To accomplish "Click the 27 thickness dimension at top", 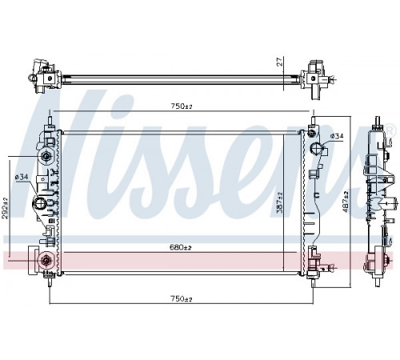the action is click(279, 62).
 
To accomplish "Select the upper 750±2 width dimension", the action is click(182, 106).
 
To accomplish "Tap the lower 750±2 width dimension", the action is click(182, 299).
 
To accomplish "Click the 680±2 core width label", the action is click(181, 247).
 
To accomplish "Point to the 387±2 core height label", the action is click(279, 203).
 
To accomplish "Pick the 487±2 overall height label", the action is click(345, 202).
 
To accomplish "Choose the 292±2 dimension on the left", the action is click(5, 208).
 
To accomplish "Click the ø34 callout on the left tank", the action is click(22, 177).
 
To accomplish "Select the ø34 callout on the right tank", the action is click(337, 136).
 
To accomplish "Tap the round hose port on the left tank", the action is click(40, 203).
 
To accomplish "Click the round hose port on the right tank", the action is click(318, 148).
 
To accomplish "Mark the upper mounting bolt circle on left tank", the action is click(46, 156).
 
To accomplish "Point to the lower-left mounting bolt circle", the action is click(46, 261).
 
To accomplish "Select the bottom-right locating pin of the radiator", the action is click(313, 282).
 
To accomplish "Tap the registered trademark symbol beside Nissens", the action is click(389, 129).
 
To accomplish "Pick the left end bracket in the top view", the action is click(44, 77).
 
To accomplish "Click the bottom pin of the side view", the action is click(378, 282).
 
